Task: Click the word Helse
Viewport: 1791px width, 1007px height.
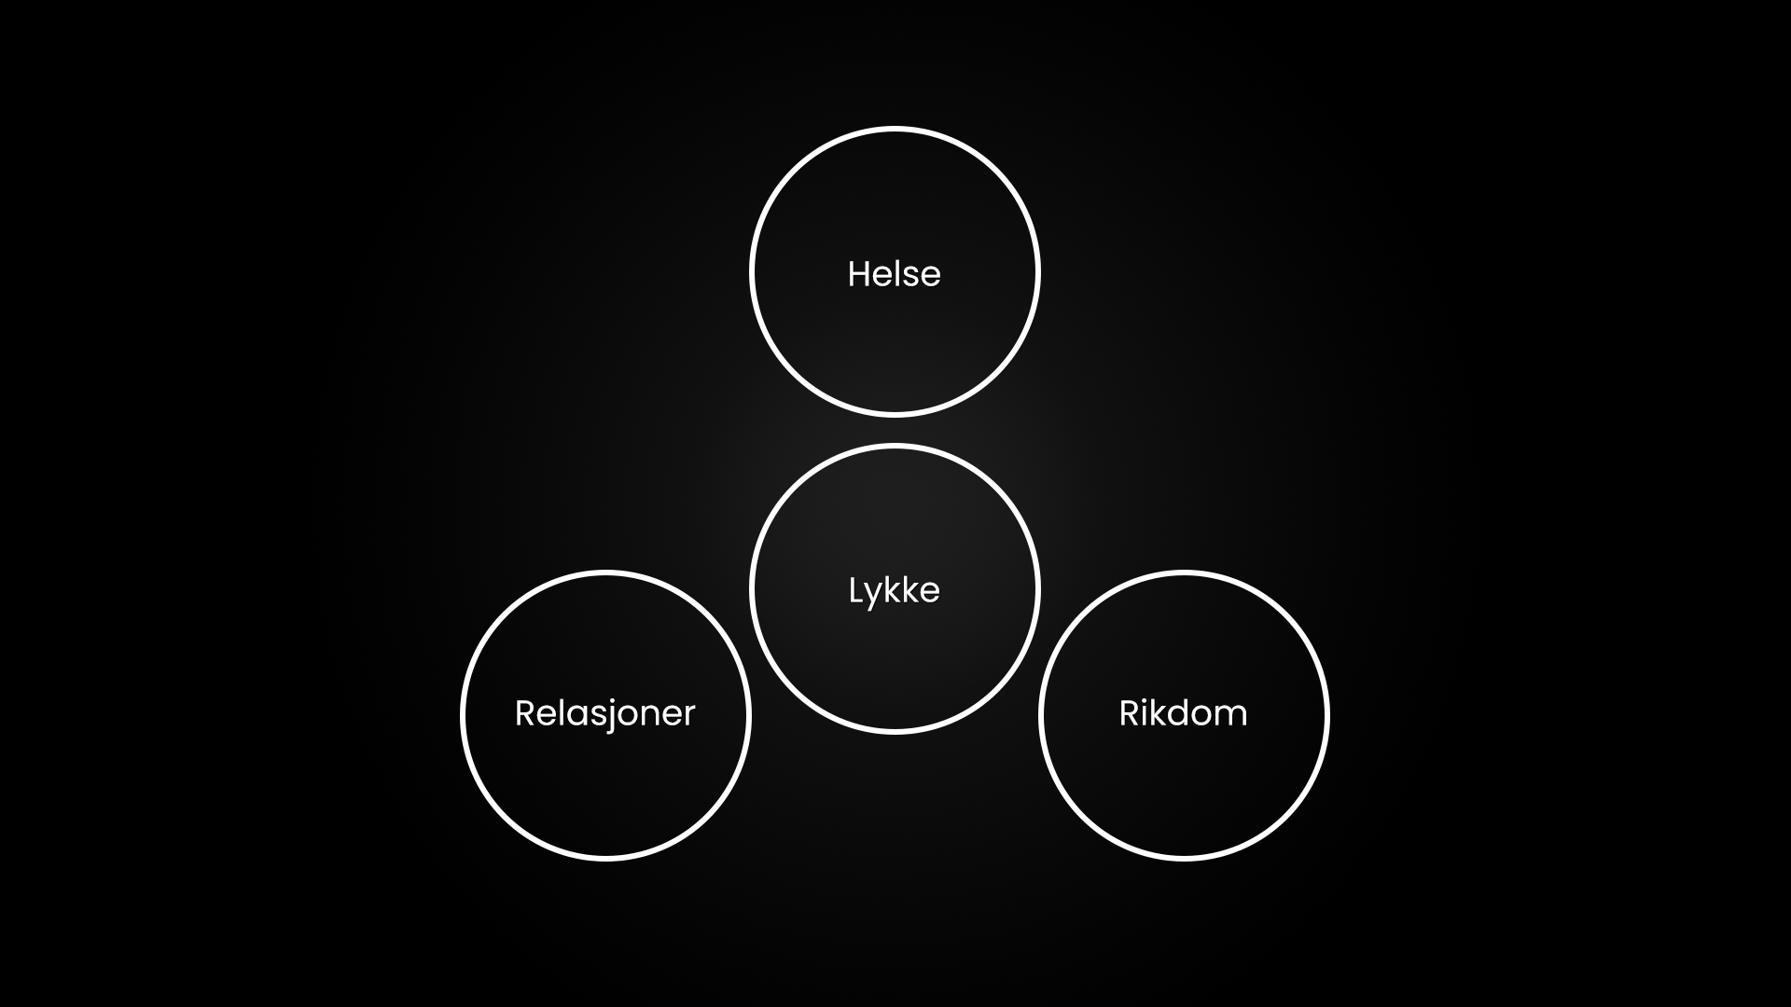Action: pos(894,274)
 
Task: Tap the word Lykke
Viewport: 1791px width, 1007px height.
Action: pos(894,591)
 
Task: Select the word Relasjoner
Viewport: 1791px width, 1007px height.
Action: pos(604,714)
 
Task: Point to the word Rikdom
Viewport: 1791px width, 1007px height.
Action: pos(1183,714)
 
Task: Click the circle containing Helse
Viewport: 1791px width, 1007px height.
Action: pos(894,345)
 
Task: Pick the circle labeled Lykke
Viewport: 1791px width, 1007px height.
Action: pos(894,662)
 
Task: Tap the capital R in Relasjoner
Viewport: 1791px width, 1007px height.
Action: pos(525,713)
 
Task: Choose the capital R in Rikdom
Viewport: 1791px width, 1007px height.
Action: pos(1129,713)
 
